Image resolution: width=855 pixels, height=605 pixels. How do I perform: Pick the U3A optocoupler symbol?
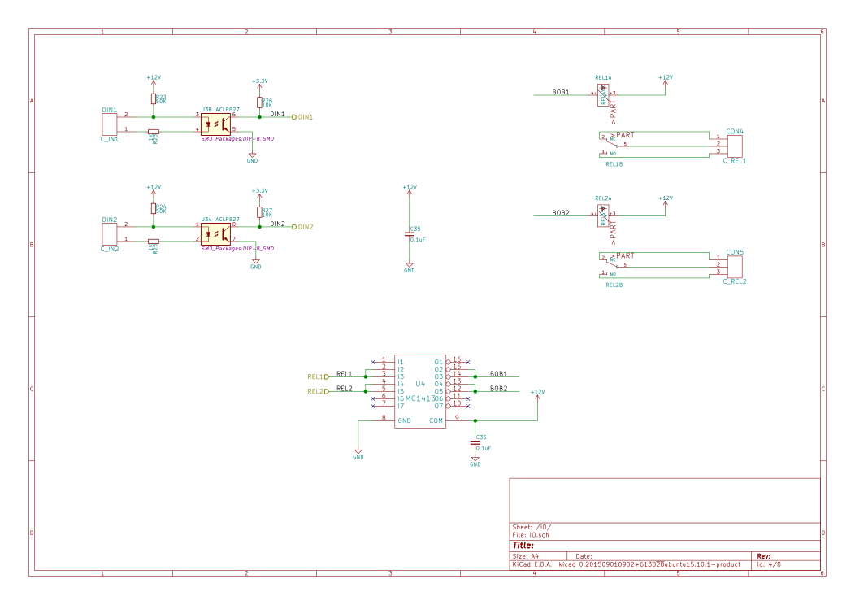tap(215, 234)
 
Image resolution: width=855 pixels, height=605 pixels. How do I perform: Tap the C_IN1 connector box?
tap(109, 124)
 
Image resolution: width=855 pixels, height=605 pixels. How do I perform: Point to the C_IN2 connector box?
tap(109, 234)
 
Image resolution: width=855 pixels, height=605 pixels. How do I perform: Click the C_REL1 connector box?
tap(734, 146)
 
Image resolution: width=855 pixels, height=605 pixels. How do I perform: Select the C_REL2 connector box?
tap(734, 267)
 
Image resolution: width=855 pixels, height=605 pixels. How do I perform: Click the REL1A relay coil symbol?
tap(603, 95)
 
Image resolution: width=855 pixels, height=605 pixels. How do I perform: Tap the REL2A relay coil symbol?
tap(603, 215)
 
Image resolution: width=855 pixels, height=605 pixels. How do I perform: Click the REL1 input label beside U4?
tap(318, 376)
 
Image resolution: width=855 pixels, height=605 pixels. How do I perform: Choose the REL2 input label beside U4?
tap(318, 391)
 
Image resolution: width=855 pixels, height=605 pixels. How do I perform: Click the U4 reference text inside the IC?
tap(420, 384)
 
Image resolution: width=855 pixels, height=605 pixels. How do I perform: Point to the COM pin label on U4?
tap(436, 420)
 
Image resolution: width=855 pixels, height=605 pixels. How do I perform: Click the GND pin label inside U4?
tap(404, 420)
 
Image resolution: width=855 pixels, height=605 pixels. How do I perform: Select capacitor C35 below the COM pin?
tap(475, 443)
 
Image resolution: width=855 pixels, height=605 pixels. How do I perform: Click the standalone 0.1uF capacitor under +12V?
tap(410, 235)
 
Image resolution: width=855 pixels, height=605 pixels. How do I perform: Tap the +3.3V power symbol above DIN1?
tap(259, 81)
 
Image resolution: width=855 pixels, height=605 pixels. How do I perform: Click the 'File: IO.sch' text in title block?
tap(532, 535)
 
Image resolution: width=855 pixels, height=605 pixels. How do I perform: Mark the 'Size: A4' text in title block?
tap(525, 556)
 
